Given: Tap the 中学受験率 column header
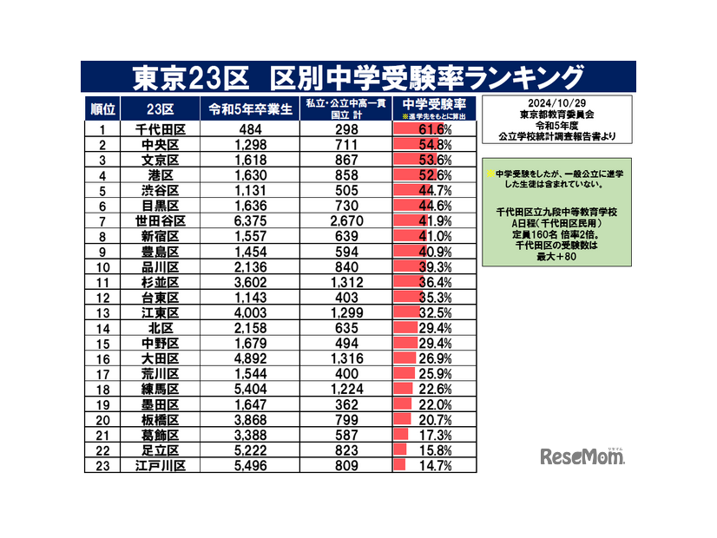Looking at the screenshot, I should [434, 107].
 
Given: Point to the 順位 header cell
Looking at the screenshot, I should [102, 108].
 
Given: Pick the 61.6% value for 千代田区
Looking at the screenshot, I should [434, 129].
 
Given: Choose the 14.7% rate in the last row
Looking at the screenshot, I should [434, 466].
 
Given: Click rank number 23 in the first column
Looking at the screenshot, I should [102, 466].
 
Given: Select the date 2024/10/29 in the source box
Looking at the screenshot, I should [556, 102].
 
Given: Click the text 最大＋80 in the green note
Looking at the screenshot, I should [556, 255].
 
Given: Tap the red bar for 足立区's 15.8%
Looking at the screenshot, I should [400, 450].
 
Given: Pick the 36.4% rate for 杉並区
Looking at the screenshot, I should [434, 282].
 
